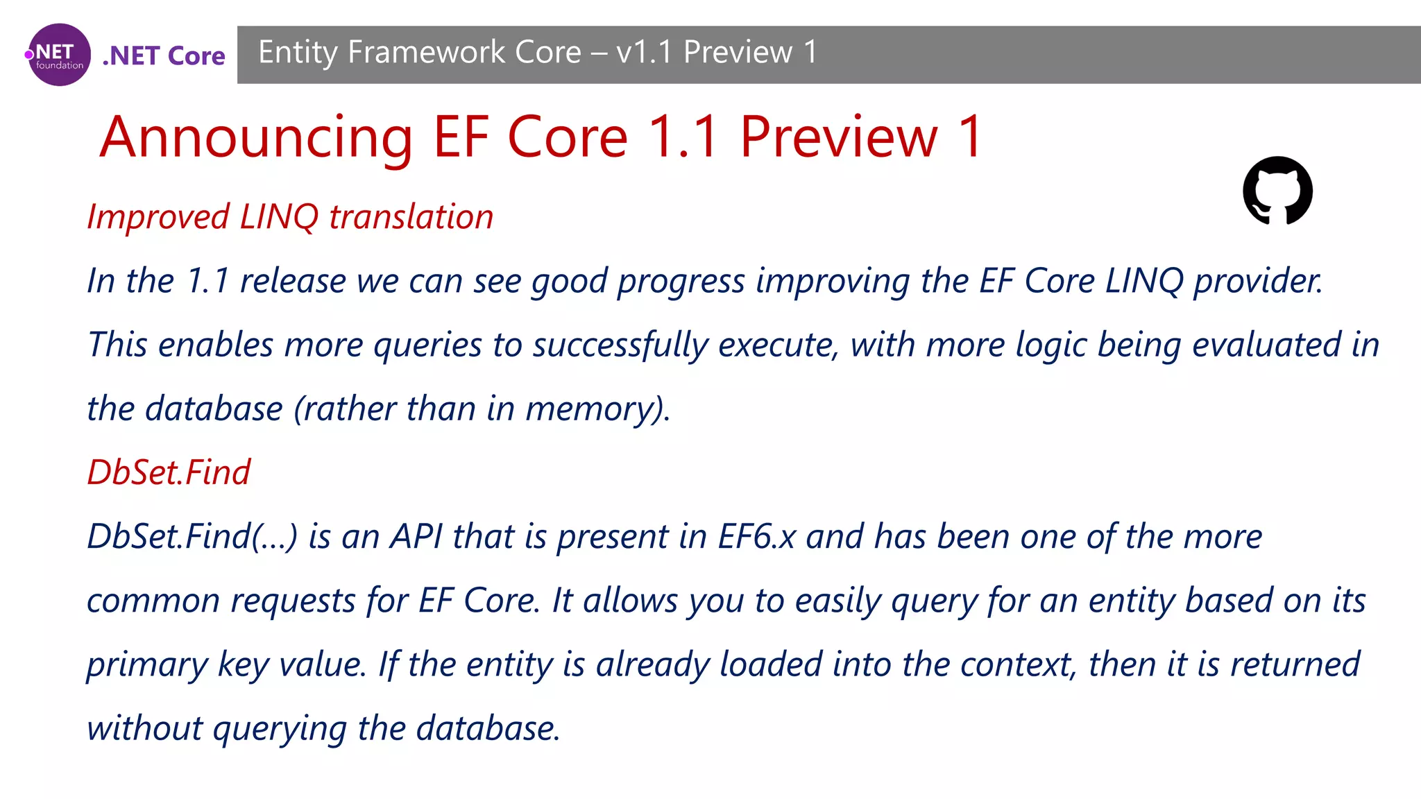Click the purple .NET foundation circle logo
tap(59, 55)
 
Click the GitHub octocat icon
tap(1277, 191)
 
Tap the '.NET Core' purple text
tap(164, 56)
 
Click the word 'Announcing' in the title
tap(256, 137)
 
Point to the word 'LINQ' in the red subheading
tap(279, 217)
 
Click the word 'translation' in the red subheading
tap(411, 217)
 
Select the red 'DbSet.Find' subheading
tap(168, 473)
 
